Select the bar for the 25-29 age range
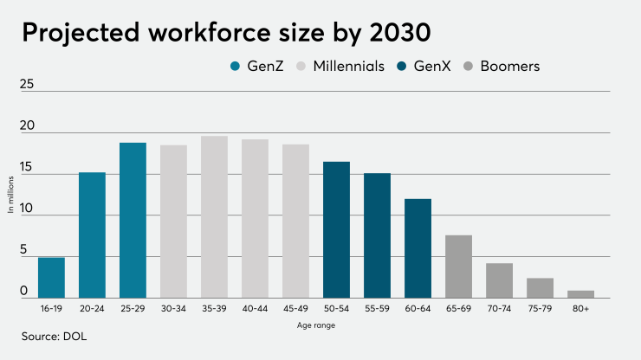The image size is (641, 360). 133,220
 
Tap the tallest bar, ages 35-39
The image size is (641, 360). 214,216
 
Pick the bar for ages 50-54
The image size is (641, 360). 336,229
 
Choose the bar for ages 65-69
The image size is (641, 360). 458,267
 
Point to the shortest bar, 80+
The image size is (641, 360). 580,294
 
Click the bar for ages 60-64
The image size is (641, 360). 418,248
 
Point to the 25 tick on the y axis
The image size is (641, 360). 27,85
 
